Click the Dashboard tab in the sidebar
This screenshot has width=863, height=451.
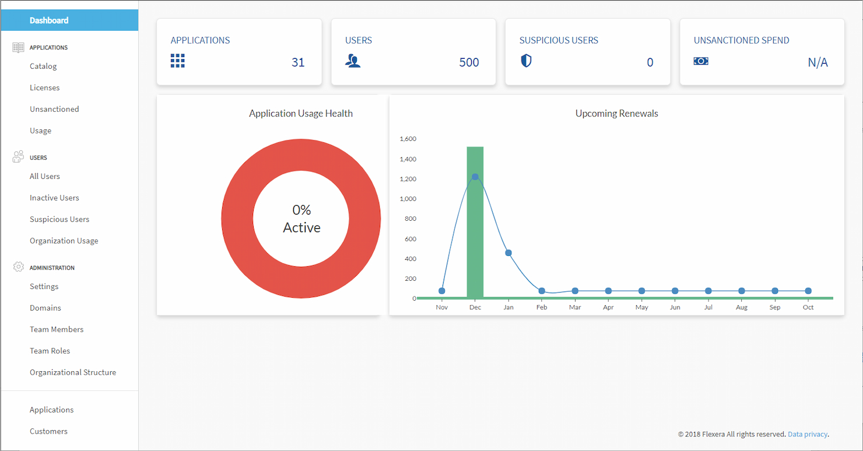tap(49, 20)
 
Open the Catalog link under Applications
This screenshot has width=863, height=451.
tap(43, 66)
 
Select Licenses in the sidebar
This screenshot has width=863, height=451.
tap(45, 88)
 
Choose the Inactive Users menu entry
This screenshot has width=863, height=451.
tap(54, 198)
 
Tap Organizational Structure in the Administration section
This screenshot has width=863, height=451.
tap(73, 372)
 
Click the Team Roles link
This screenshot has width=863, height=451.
tap(50, 351)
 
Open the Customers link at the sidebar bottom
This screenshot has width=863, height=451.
tap(48, 431)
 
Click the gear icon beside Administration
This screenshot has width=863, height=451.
tap(18, 267)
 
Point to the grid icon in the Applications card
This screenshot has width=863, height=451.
tap(177, 61)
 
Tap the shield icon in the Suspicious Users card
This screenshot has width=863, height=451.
tap(526, 61)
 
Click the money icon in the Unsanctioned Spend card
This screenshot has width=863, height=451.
tap(701, 61)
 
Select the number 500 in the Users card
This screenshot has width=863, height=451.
tap(469, 62)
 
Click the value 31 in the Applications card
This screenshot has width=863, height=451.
tap(298, 62)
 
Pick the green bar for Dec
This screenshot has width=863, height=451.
tap(475, 233)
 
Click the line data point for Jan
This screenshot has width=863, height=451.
tap(508, 253)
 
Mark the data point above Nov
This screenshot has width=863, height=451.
tap(442, 291)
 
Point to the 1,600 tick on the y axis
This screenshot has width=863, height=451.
tap(408, 139)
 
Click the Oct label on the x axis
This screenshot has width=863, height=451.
tap(808, 307)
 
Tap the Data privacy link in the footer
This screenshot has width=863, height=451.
tap(808, 434)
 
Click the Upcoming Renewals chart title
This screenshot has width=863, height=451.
tap(616, 114)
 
